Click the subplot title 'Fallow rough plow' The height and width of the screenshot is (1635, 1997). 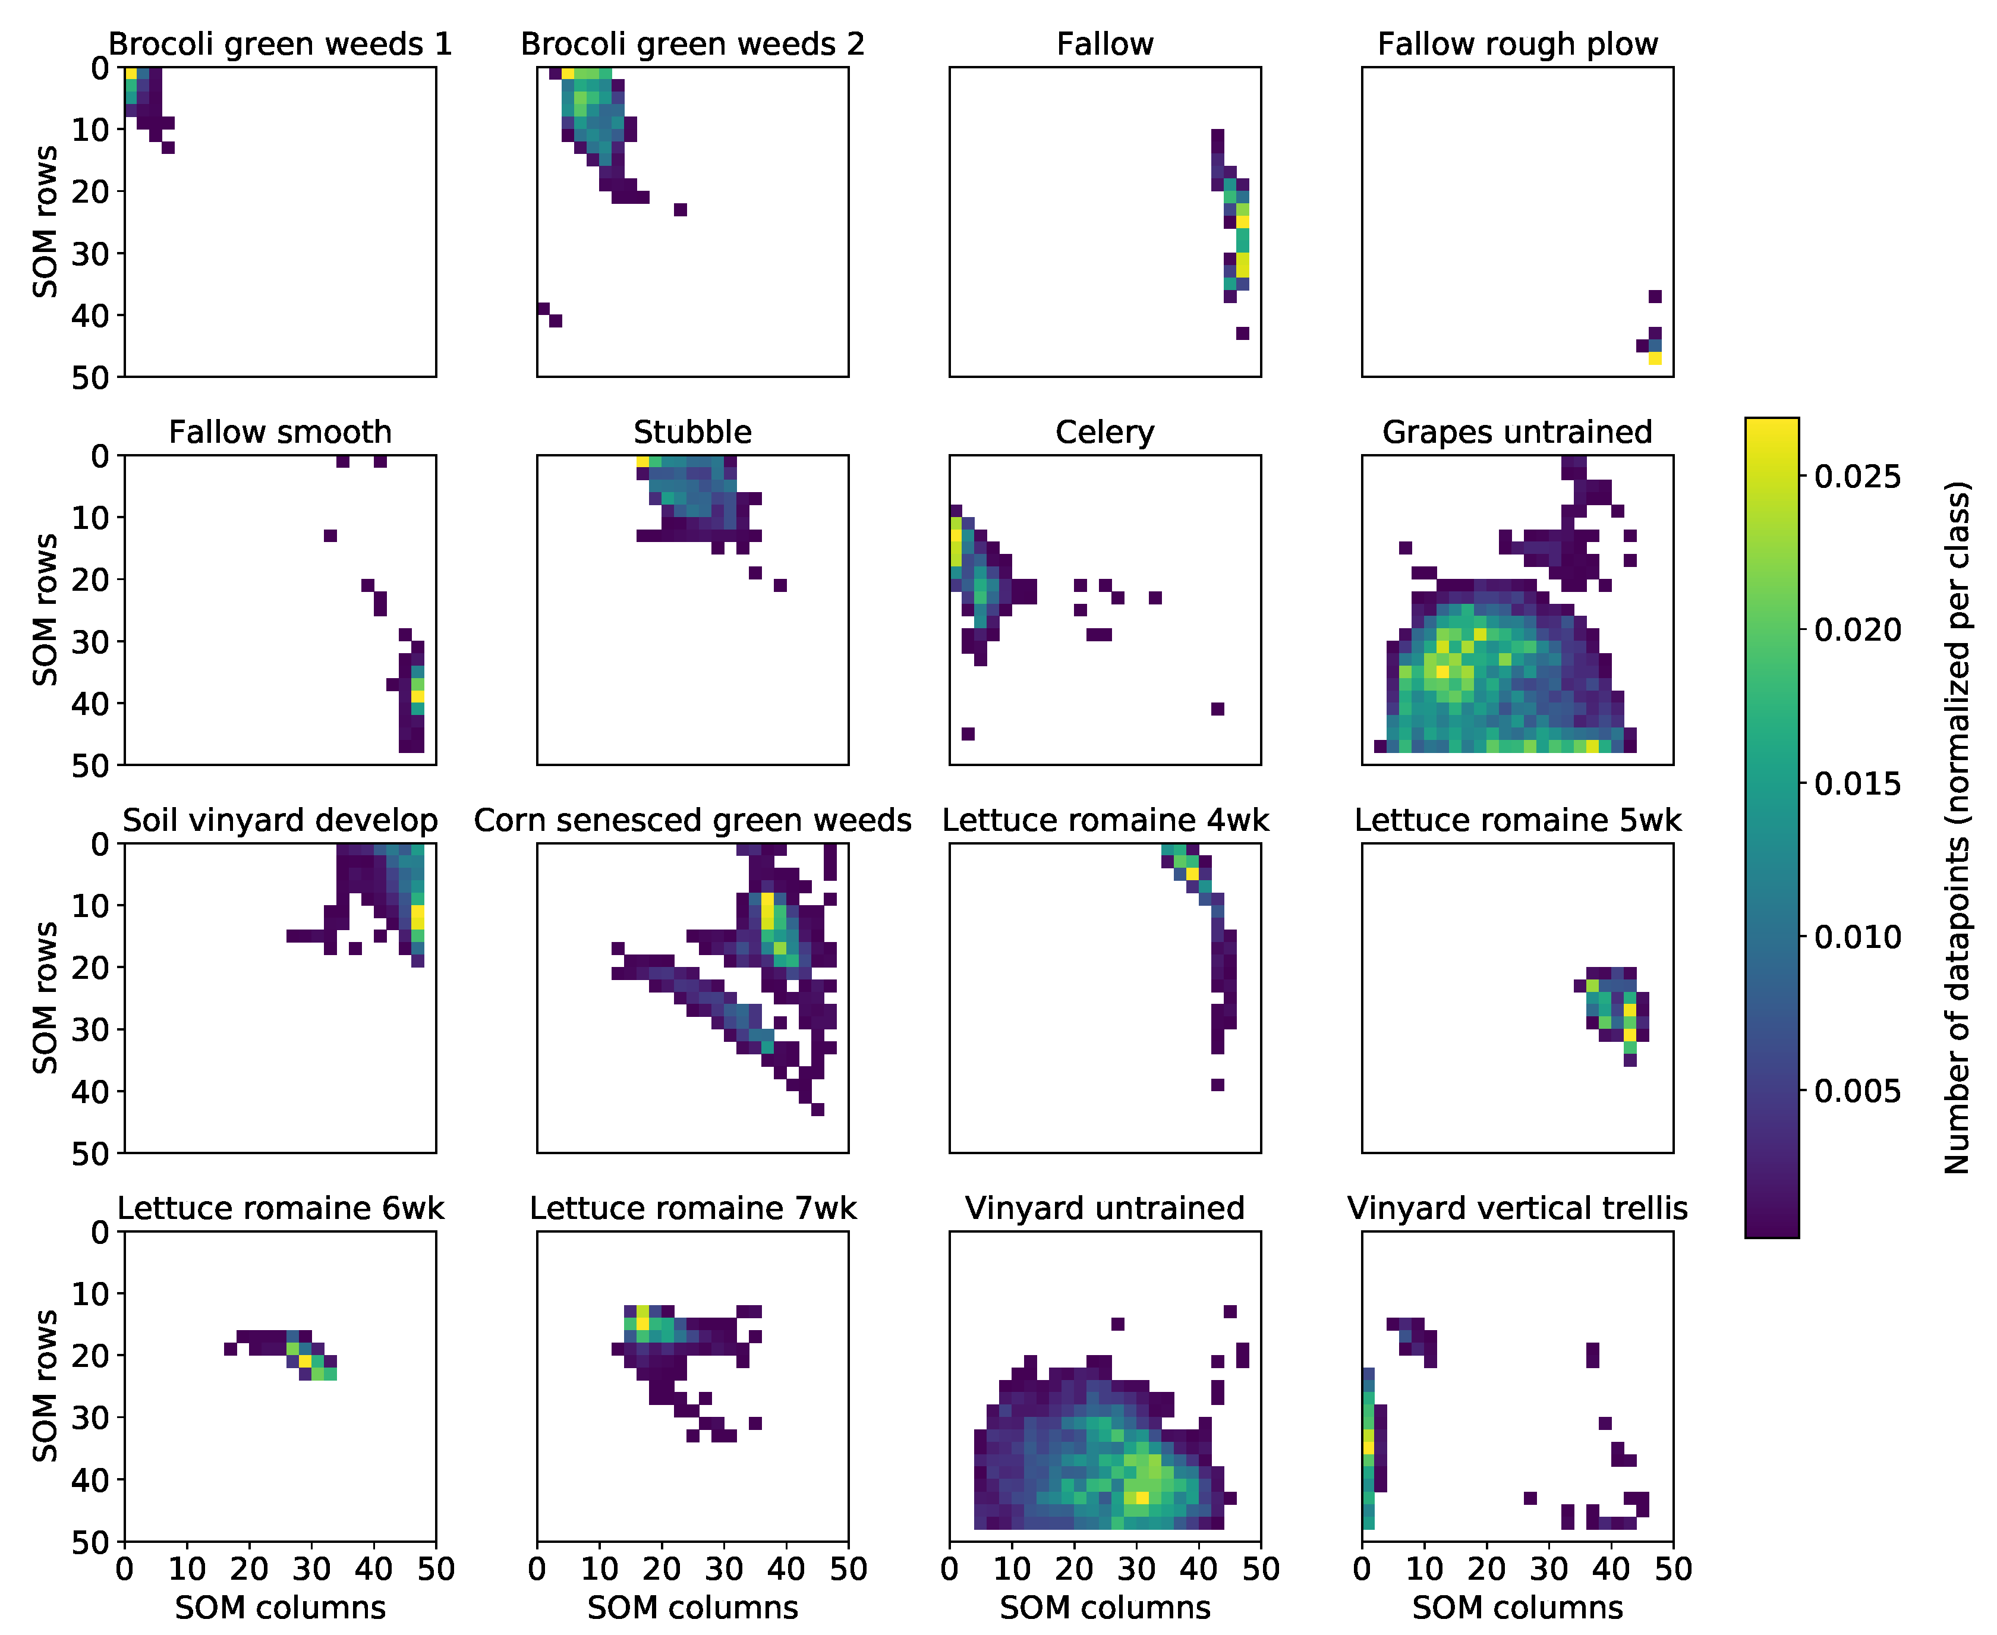[x=1517, y=44]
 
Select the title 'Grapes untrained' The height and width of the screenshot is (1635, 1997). [x=1517, y=432]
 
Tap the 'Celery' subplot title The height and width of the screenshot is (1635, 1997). [x=1104, y=432]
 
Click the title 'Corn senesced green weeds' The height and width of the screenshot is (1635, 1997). [x=692, y=820]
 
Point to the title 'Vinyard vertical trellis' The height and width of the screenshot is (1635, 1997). [x=1517, y=1208]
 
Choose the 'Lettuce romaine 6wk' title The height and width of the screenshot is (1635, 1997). [x=280, y=1208]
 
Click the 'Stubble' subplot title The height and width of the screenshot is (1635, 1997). [x=692, y=432]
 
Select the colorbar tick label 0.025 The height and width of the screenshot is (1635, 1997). [x=1857, y=477]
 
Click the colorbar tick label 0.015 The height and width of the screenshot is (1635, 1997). [x=1857, y=783]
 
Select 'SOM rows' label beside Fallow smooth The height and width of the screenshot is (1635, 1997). [x=45, y=610]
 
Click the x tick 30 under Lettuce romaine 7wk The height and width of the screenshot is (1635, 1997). [x=723, y=1569]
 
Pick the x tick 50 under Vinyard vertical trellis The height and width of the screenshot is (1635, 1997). [x=1673, y=1569]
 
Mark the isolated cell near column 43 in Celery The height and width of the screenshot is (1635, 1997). [x=1217, y=709]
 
